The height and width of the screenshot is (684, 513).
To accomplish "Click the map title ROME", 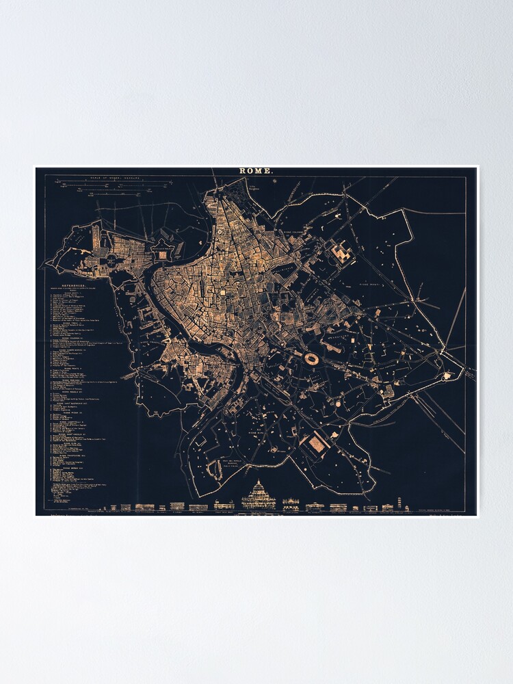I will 256,171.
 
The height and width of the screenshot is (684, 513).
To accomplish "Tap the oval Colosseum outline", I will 312,359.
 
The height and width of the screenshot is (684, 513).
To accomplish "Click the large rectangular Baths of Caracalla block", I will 316,445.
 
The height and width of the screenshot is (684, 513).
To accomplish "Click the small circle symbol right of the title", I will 274,182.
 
